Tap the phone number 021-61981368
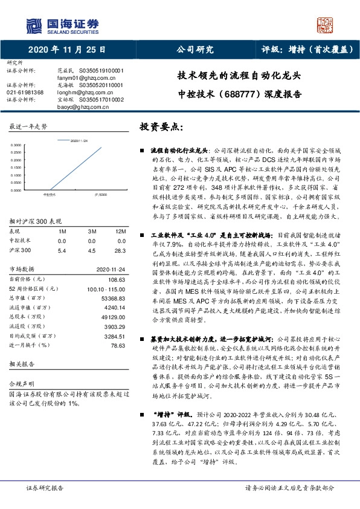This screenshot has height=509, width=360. (25, 92)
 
